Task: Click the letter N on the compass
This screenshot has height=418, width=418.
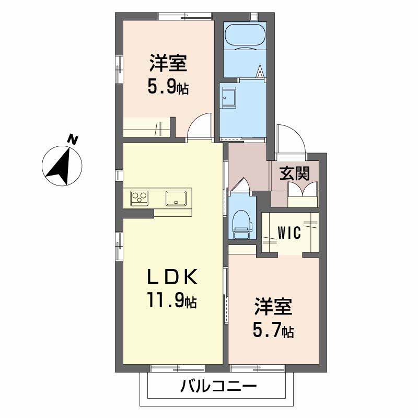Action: pos(72,139)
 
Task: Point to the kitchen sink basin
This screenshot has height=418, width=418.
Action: pos(176,199)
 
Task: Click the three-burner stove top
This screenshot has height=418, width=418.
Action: pos(139,198)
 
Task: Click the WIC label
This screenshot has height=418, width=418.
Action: pos(289,233)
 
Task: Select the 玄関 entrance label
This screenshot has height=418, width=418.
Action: pos(294,173)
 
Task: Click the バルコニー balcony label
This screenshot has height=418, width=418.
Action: pos(218,386)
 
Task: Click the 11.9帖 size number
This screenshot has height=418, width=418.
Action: pos(172,300)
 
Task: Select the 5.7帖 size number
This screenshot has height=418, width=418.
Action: pos(273,330)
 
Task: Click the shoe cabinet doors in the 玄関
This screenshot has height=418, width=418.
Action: pos(303,189)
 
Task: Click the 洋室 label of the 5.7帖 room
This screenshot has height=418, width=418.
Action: pos(273,306)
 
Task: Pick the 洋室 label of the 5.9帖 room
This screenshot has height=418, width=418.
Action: pos(168,63)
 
